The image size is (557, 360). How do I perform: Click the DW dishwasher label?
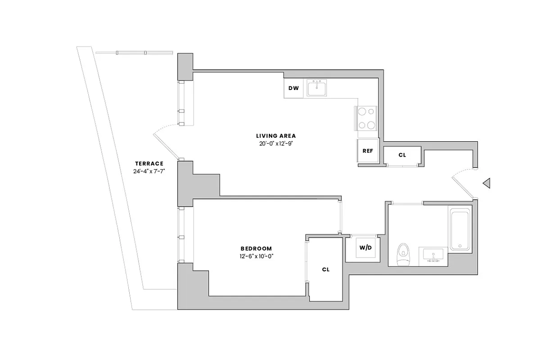(294, 88)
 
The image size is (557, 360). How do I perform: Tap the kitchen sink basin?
(318, 89)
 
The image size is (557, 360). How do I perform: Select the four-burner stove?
(366, 118)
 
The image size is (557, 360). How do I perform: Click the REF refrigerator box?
(367, 151)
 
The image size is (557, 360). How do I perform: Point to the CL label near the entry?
(402, 155)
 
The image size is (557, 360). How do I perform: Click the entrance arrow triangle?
(486, 183)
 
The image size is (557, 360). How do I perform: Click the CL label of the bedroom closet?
(326, 270)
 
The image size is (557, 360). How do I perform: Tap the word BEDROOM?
(256, 248)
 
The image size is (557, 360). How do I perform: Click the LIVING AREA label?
(276, 136)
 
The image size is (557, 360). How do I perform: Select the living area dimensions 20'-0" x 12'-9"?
(276, 144)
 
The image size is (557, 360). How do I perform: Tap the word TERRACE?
(149, 163)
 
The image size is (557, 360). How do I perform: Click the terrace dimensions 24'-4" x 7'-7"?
(149, 171)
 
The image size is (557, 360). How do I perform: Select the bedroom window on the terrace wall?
(181, 235)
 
